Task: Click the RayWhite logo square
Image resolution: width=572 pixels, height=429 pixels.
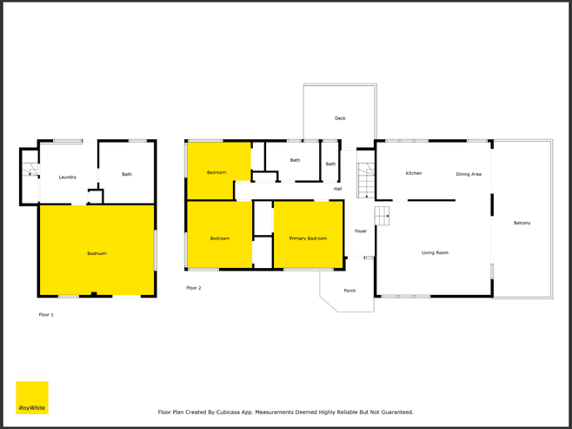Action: tap(32, 398)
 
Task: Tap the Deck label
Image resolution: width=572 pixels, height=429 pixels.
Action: tap(340, 118)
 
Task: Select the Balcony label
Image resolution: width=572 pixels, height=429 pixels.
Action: tap(522, 223)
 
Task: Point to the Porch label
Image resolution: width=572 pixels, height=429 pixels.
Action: tap(349, 291)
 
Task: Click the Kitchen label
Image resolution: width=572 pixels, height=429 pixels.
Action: tap(414, 173)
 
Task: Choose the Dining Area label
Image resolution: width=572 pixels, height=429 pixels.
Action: tap(469, 174)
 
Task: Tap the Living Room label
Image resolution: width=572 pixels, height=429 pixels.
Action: tap(436, 252)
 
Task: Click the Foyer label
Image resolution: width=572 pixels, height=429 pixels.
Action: tap(361, 231)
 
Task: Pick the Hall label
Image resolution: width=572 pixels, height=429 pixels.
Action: tap(338, 189)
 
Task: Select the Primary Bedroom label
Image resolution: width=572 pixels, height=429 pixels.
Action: tap(308, 238)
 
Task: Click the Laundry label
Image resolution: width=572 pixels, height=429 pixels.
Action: tap(68, 177)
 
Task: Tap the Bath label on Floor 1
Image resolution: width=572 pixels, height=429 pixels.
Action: tap(127, 174)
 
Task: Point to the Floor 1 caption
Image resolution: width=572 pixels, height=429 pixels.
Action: tap(46, 314)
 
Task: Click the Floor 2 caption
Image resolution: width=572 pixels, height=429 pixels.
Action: tap(194, 288)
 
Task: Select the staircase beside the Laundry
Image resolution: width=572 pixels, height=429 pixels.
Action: tap(30, 169)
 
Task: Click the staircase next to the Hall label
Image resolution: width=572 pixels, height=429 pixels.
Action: tap(366, 180)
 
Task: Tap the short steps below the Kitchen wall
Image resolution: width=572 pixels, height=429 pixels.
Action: tap(382, 216)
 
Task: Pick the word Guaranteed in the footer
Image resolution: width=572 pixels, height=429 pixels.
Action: tap(397, 412)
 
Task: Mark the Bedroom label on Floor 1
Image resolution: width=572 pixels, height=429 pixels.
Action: tap(97, 253)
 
